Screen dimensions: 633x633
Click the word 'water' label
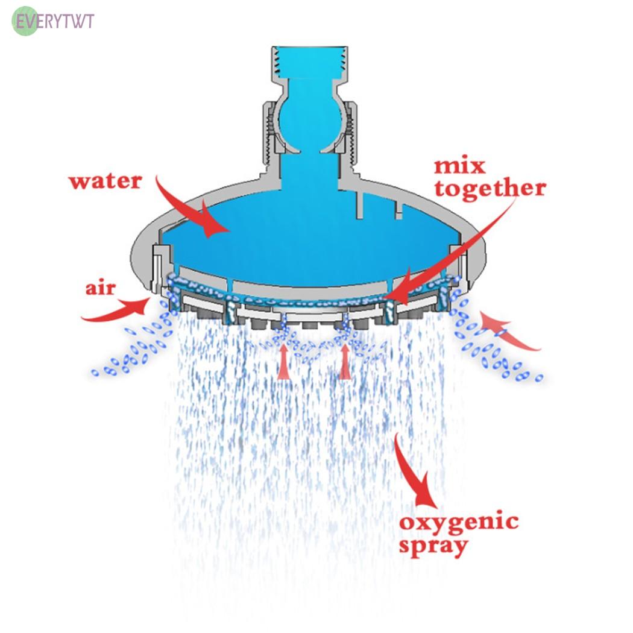tap(105, 181)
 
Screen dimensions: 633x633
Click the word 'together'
tap(490, 189)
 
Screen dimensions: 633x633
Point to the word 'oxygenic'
tap(459, 521)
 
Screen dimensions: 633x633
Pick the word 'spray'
tap(433, 546)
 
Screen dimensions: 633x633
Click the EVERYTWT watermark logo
tap(54, 22)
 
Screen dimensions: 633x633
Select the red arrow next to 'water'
tap(193, 208)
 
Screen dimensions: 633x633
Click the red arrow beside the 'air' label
tap(118, 308)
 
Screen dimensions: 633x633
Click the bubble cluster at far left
tap(130, 356)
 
